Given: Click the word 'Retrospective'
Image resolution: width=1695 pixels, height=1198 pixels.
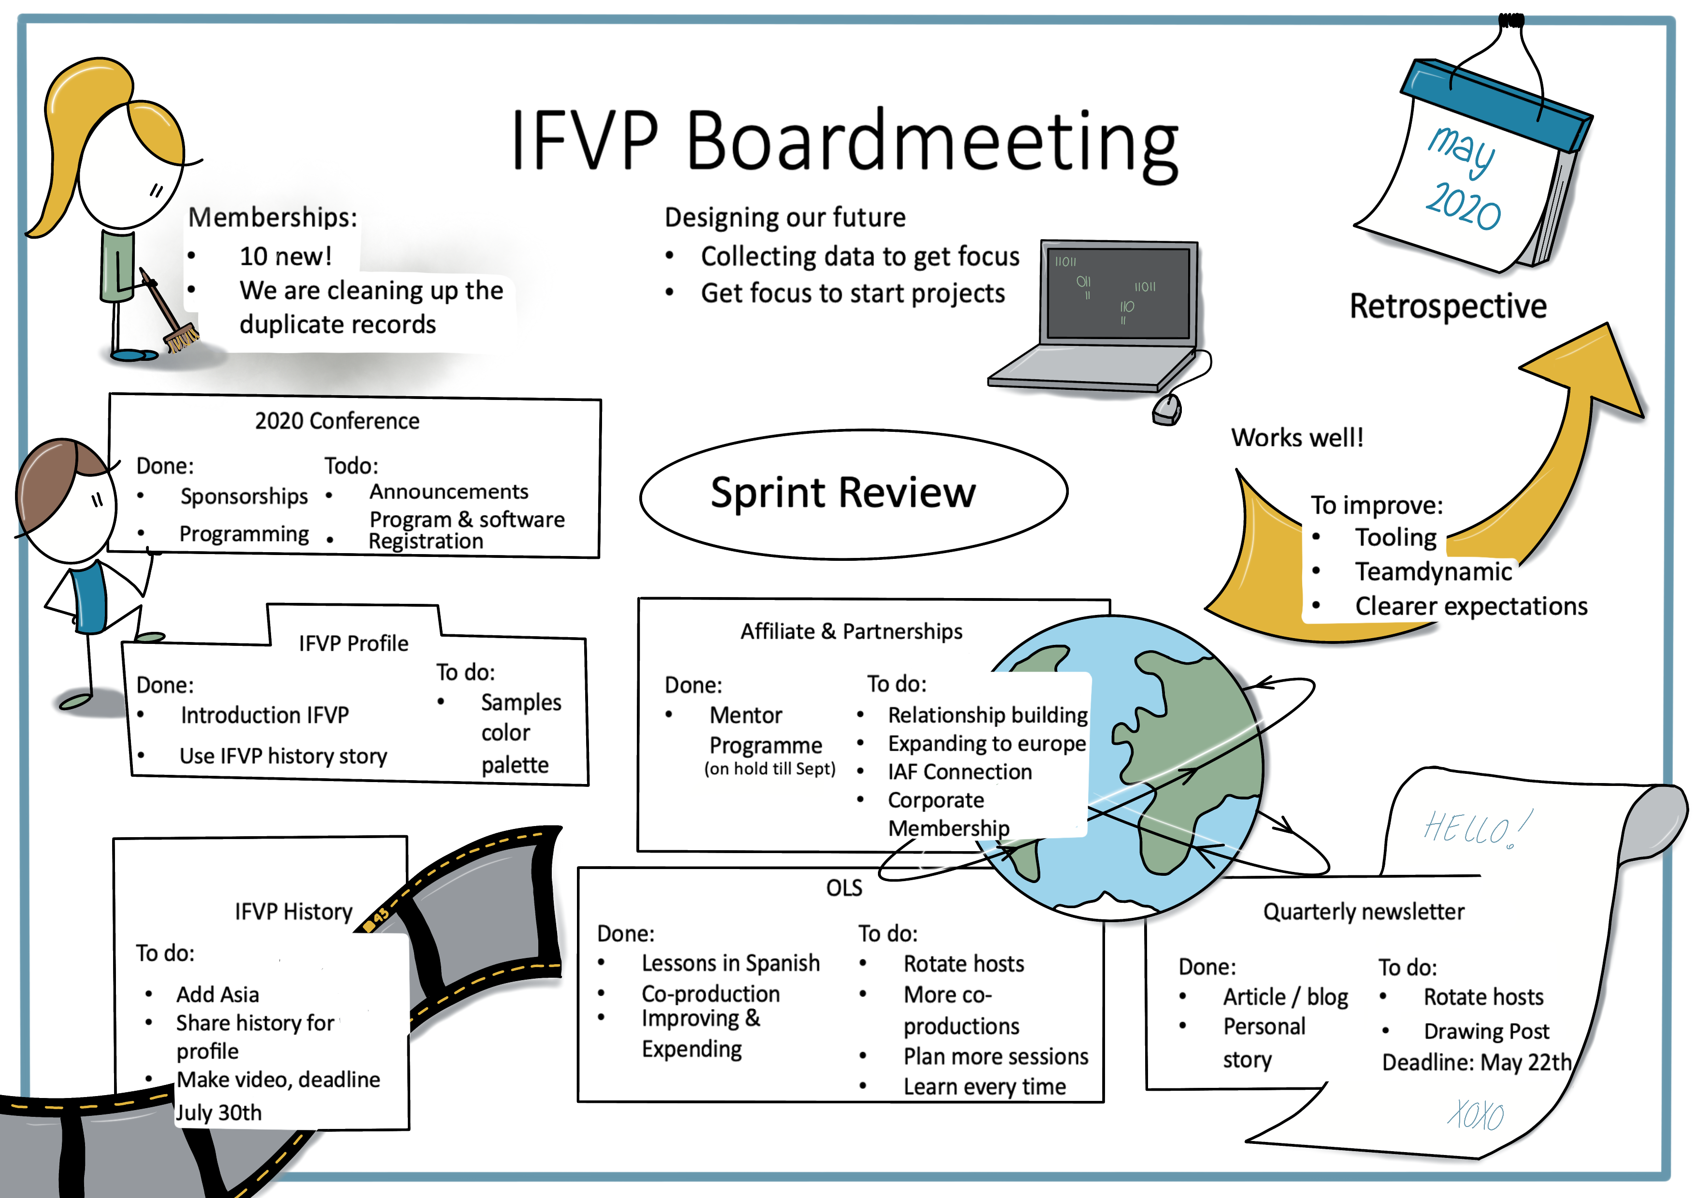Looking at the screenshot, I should (1447, 306).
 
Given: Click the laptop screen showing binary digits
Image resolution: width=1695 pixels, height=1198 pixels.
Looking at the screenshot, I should (1118, 293).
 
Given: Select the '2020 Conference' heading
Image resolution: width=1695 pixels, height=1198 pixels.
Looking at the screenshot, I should (337, 421).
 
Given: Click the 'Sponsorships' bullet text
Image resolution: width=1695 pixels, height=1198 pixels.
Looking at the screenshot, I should (244, 496).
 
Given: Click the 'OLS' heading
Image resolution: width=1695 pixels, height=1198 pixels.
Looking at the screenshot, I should (844, 887).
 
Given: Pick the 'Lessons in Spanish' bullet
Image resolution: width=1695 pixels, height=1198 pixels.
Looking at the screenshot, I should (730, 963).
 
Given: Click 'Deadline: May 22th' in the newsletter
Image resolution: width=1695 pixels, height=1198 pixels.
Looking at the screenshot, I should (1477, 1062).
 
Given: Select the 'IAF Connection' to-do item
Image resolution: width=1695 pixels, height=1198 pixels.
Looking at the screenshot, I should (960, 772).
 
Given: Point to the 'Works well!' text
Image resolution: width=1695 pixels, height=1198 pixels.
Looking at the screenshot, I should (1297, 438).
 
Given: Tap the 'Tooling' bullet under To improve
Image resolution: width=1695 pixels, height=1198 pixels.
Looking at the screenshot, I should (1395, 537).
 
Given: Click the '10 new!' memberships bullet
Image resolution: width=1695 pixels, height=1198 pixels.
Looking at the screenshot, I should (285, 256).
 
